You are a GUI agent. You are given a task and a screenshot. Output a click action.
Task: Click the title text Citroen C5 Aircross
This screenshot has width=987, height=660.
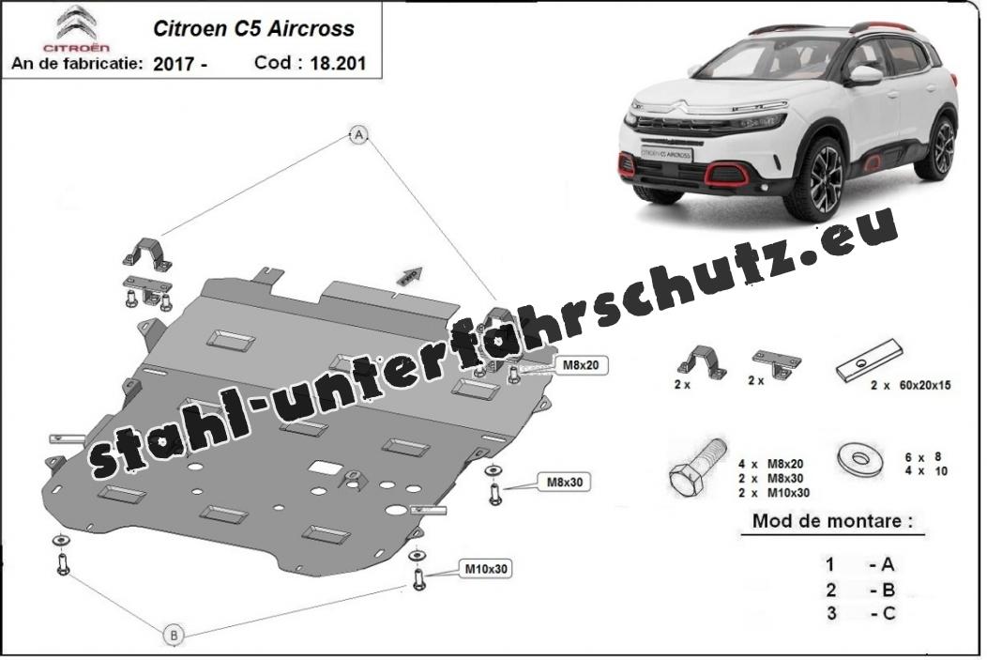click(x=253, y=28)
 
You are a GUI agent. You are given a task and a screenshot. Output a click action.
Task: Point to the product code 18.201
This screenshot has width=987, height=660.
click(x=338, y=63)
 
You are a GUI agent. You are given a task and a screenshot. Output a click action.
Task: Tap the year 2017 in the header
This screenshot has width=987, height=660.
click(x=174, y=64)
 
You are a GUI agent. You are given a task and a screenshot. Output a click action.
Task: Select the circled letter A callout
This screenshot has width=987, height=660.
click(x=358, y=134)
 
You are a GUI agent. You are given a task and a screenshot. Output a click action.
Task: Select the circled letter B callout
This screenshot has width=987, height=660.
click(x=175, y=635)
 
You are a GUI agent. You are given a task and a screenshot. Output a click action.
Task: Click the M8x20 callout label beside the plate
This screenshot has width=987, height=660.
click(x=581, y=365)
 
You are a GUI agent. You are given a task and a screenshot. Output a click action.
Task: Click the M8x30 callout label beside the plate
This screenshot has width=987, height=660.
click(x=565, y=483)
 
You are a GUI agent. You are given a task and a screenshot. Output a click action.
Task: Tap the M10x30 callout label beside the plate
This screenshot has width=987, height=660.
click(x=485, y=569)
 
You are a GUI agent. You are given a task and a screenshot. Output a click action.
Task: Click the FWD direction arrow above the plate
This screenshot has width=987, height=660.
click(x=408, y=275)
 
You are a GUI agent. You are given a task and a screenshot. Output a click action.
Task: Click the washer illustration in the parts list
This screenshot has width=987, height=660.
click(x=859, y=458)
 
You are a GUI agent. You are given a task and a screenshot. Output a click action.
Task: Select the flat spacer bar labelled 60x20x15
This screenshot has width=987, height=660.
click(x=870, y=361)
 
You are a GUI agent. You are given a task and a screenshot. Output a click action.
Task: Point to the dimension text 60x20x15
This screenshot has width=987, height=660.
click(x=925, y=385)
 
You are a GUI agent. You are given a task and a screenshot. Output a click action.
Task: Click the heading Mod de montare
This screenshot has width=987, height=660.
click(x=832, y=521)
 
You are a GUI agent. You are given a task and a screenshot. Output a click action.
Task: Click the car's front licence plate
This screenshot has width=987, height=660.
click(x=666, y=154)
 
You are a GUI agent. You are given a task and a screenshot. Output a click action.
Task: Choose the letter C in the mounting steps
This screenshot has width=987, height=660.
click(x=888, y=613)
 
